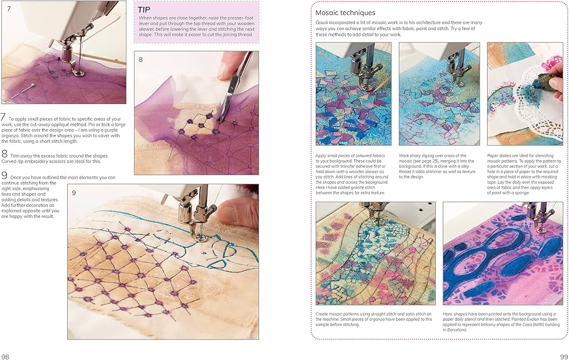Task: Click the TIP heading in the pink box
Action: tap(143, 9)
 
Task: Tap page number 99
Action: tap(560, 355)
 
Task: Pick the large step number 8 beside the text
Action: tap(4, 154)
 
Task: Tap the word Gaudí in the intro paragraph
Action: tap(324, 22)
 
